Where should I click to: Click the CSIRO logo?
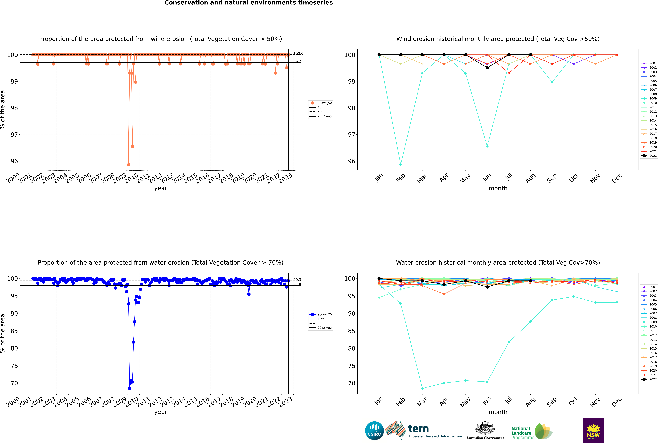tap(374, 431)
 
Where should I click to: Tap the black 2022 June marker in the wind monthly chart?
tap(487, 68)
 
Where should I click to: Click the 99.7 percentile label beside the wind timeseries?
tap(297, 61)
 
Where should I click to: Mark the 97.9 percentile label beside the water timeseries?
tap(297, 285)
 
